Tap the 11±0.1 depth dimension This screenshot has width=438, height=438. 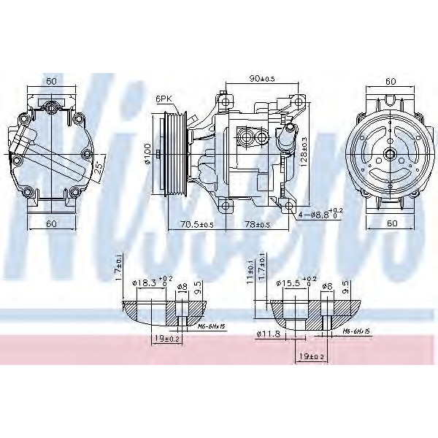[x=251, y=271]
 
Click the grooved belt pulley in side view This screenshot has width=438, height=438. [x=175, y=153]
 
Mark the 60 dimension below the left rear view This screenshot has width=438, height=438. [x=50, y=224]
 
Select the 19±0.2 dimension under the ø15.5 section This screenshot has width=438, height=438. [x=312, y=356]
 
